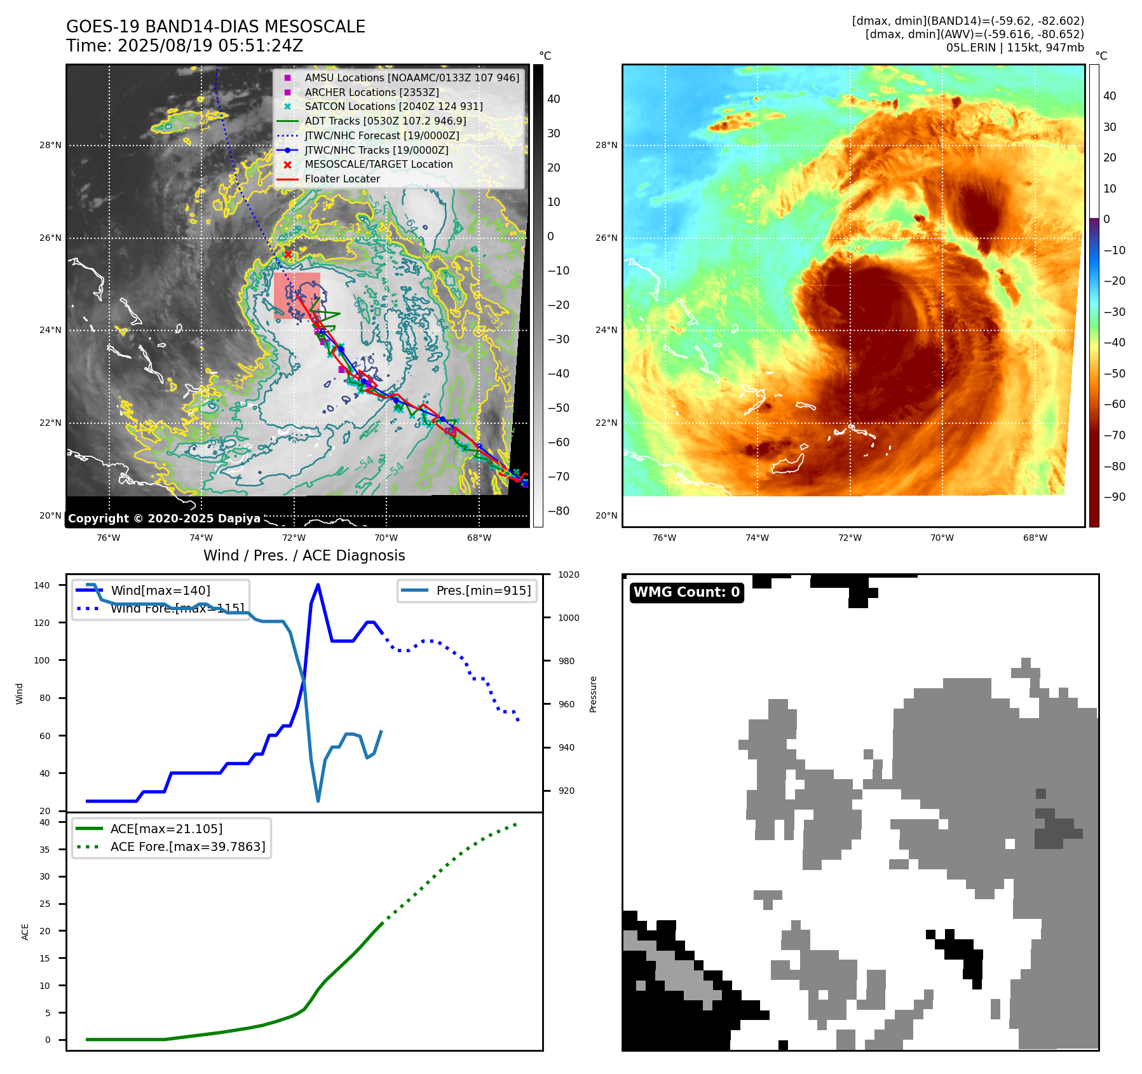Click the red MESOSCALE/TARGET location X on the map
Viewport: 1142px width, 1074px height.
coord(288,254)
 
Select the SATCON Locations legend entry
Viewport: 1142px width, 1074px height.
coord(393,107)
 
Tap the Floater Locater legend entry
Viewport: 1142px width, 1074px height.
coord(342,179)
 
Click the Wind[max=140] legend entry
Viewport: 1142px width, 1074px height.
coord(160,590)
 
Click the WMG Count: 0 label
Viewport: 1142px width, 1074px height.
coord(686,592)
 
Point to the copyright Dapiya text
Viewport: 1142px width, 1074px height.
coord(164,519)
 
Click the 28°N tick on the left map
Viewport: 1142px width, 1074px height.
coord(51,146)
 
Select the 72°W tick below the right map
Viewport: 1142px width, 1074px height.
coord(850,538)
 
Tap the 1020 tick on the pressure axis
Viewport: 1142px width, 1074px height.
coord(569,575)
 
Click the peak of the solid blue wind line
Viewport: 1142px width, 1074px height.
coord(318,585)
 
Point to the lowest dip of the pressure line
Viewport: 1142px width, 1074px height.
coord(318,801)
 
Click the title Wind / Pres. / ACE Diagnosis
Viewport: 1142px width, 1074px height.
coord(304,555)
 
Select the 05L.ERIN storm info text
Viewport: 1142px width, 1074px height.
coord(1015,48)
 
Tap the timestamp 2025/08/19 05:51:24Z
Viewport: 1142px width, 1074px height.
coord(210,46)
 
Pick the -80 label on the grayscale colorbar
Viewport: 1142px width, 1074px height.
coord(559,511)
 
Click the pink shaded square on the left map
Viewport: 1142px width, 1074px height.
coord(297,296)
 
